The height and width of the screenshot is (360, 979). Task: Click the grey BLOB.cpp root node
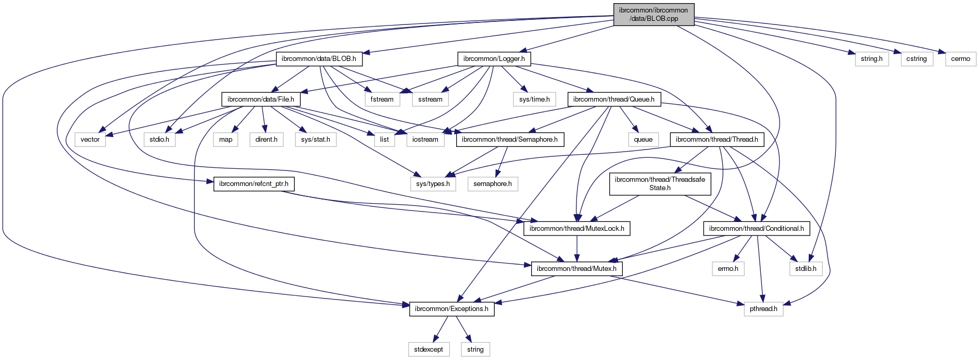pyautogui.click(x=654, y=14)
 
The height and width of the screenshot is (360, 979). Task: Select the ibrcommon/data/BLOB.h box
pyautogui.click(x=319, y=59)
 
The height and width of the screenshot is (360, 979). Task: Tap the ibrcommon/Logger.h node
pyautogui.click(x=494, y=59)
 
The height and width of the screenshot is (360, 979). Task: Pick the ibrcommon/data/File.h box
pyautogui.click(x=260, y=99)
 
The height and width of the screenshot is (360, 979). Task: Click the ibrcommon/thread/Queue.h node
pyautogui.click(x=613, y=99)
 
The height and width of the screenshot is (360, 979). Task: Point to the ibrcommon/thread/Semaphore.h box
pyautogui.click(x=509, y=140)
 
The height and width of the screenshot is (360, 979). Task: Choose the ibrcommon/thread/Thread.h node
pyautogui.click(x=717, y=140)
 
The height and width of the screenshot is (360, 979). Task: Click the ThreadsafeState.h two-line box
pyautogui.click(x=660, y=183)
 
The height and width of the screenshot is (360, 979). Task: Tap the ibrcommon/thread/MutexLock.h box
pyautogui.click(x=576, y=228)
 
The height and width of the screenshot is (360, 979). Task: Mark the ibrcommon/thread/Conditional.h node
pyautogui.click(x=756, y=228)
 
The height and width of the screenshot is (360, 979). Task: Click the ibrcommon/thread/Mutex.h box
pyautogui.click(x=576, y=269)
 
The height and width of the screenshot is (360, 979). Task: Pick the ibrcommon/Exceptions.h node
pyautogui.click(x=451, y=309)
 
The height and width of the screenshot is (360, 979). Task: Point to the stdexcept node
pyautogui.click(x=429, y=349)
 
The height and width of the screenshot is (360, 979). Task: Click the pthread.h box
pyautogui.click(x=763, y=309)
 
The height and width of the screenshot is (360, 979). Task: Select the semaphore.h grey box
pyautogui.click(x=493, y=184)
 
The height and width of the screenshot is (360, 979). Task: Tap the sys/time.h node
pyautogui.click(x=534, y=99)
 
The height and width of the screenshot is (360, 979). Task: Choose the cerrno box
pyautogui.click(x=960, y=59)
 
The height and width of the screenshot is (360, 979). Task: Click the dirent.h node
pyautogui.click(x=266, y=140)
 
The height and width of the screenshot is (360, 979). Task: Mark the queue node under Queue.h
pyautogui.click(x=643, y=140)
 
